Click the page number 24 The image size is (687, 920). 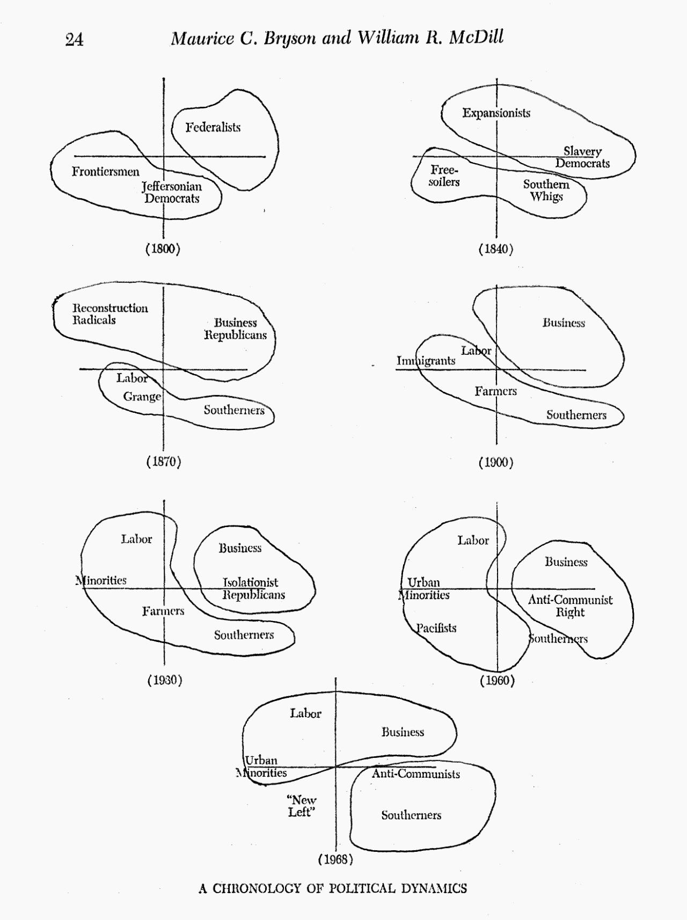pos(74,40)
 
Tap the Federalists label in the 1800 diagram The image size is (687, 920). pos(213,127)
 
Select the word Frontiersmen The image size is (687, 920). pos(106,172)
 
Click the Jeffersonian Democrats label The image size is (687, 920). pos(172,192)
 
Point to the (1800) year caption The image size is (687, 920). pos(163,249)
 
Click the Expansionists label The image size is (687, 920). pos(496,113)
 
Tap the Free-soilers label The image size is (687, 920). pos(444,176)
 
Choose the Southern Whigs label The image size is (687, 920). pos(546,190)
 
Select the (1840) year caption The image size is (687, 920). pos(496,249)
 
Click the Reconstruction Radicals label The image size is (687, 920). pos(110,314)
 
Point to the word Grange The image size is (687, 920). pos(142,397)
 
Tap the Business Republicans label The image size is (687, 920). pos(235,328)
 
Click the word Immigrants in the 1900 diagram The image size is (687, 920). pos(426,361)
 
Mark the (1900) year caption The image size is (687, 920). pos(496,462)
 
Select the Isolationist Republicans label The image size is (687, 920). pos(253,588)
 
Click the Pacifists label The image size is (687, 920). pos(436,628)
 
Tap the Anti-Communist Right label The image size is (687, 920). pos(570,606)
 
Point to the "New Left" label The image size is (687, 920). pos(301,806)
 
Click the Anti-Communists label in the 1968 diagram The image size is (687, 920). pos(416,774)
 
